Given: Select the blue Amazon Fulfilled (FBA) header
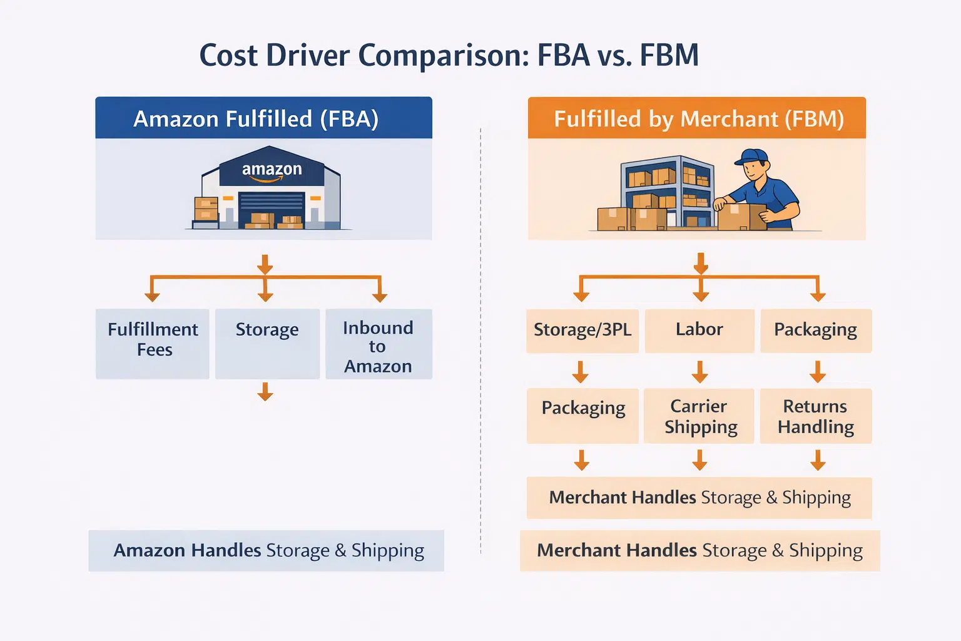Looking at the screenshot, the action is coord(263,118).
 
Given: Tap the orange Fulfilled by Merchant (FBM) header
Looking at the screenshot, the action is coord(697,118).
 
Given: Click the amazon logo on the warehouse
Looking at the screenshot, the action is coord(272,170).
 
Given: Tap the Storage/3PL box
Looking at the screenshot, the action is coord(582,330).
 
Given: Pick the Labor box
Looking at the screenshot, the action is coord(699,330).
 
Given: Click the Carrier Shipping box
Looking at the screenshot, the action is coord(699,416).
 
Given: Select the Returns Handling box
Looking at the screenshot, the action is coord(815,416).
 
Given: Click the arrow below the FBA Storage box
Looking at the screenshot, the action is coord(265,392).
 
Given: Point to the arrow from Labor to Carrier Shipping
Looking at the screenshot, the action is coord(699,371).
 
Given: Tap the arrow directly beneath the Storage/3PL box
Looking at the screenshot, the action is coord(581,371).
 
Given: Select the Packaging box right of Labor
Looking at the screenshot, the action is coord(815,330).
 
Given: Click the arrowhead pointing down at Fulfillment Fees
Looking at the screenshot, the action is coord(152,296).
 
